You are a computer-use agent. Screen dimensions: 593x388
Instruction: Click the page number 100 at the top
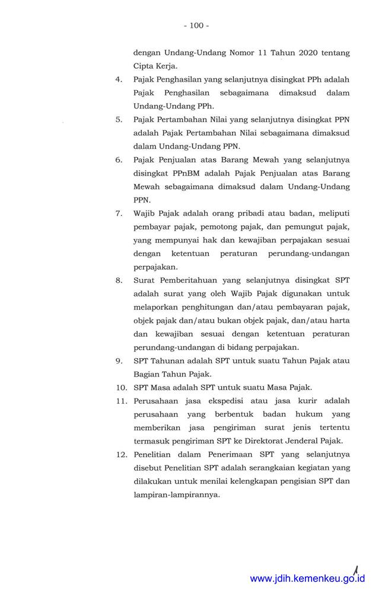pos(196,25)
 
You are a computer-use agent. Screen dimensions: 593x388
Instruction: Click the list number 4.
pos(119,79)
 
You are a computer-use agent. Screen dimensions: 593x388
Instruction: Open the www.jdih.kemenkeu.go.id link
pos(307,579)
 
